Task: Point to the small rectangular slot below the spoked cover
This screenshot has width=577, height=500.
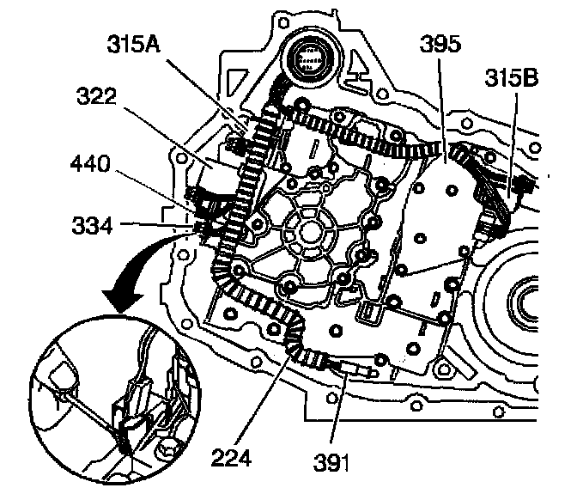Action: click(371, 311)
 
